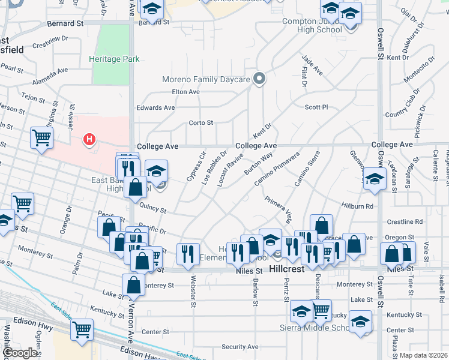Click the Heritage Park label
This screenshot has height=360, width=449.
click(x=114, y=59)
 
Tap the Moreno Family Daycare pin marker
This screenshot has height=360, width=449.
click(x=259, y=79)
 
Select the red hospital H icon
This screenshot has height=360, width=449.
click(x=89, y=140)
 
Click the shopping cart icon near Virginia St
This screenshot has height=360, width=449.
click(x=42, y=138)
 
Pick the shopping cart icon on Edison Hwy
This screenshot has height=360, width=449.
click(x=82, y=329)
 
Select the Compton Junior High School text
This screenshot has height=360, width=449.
click(x=312, y=25)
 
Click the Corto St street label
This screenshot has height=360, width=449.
click(x=201, y=122)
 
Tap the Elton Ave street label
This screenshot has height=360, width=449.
click(x=185, y=92)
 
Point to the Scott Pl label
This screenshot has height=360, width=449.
click(x=316, y=107)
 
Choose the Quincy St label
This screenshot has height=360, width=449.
click(x=153, y=209)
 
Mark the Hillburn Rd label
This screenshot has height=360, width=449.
click(x=358, y=206)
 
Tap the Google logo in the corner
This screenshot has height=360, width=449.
click(x=20, y=353)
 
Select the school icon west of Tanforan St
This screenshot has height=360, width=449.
click(x=375, y=179)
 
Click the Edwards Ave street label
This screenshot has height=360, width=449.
click(x=155, y=107)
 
